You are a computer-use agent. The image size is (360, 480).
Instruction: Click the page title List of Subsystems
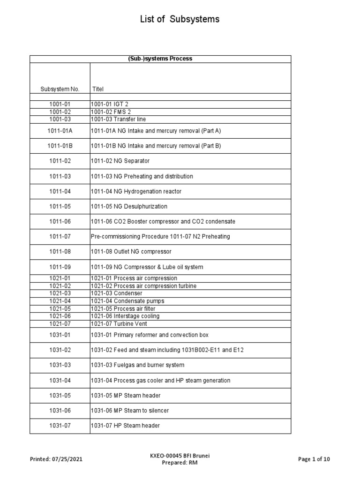click(x=180, y=19)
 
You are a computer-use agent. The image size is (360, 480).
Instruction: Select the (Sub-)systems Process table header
click(x=160, y=59)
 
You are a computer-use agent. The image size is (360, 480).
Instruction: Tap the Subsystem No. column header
click(x=60, y=89)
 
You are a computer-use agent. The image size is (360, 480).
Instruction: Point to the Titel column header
click(x=98, y=89)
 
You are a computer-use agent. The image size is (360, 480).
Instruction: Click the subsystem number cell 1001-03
click(x=60, y=119)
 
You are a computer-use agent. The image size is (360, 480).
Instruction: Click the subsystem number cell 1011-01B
click(x=60, y=146)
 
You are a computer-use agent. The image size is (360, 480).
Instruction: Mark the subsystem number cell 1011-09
click(x=60, y=267)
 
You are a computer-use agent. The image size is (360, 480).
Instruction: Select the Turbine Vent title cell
click(x=115, y=324)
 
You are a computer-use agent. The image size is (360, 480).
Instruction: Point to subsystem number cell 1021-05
click(x=60, y=309)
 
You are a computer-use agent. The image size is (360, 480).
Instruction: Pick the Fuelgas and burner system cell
click(x=137, y=365)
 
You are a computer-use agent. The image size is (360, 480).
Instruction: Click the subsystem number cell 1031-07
click(x=60, y=426)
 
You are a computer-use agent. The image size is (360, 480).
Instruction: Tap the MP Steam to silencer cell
click(x=130, y=411)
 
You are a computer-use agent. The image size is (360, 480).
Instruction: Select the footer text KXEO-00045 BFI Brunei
click(x=180, y=456)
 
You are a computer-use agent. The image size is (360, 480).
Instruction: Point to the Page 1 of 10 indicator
click(x=314, y=459)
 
